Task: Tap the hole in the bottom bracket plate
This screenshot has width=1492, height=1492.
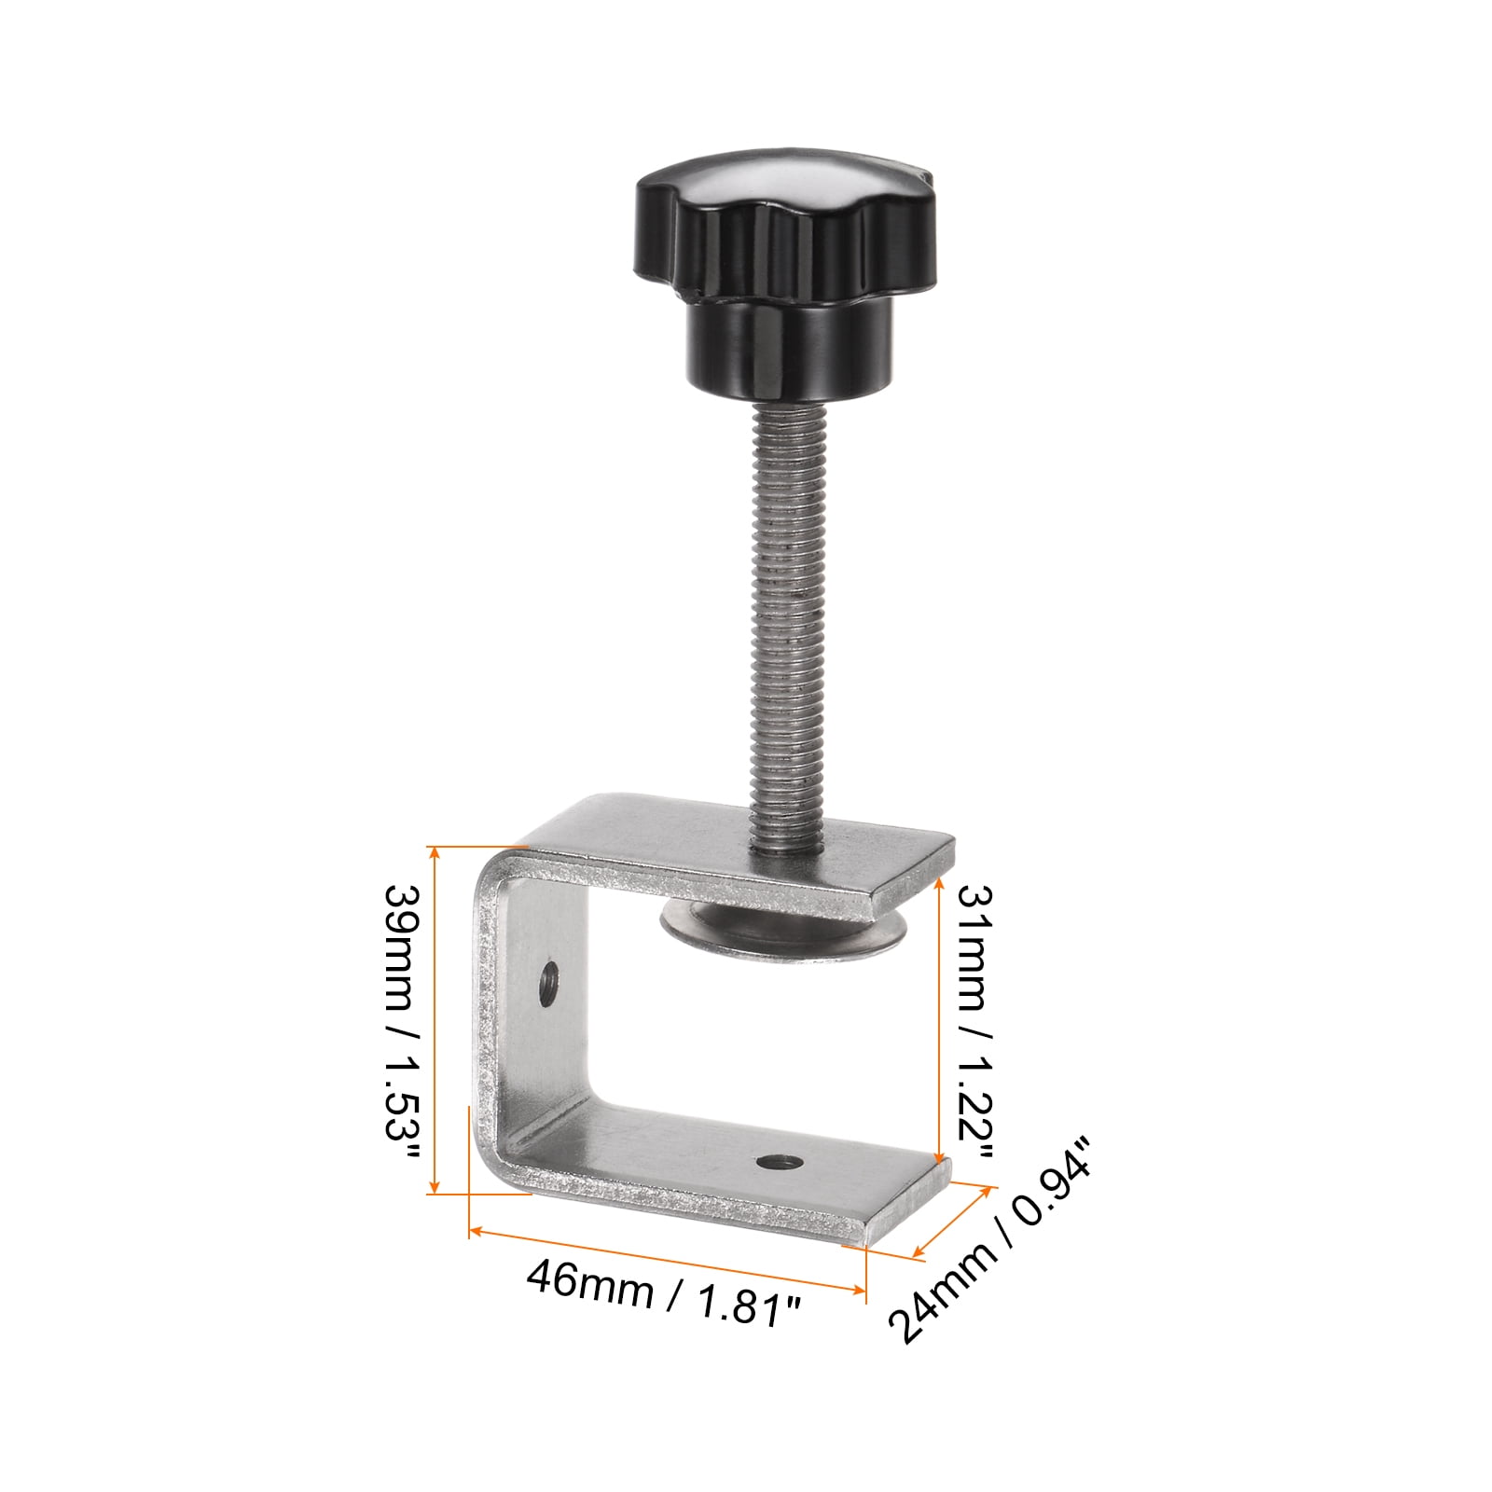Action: coord(780,1162)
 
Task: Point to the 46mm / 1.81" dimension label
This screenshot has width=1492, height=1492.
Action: coord(664,1292)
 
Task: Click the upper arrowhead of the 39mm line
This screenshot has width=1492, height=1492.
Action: coord(434,851)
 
